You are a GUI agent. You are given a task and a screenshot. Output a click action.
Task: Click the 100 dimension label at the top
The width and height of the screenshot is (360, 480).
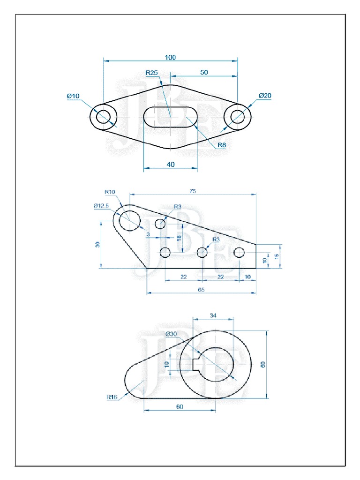point(170,57)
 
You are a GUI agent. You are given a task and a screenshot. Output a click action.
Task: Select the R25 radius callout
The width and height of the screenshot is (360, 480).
point(152,73)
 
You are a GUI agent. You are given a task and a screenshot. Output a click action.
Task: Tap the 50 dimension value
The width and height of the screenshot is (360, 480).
point(204,72)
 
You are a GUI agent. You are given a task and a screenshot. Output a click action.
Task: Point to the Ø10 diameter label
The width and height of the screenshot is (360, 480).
point(74,96)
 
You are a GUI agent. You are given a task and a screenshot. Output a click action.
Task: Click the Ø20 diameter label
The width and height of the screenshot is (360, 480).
point(265,96)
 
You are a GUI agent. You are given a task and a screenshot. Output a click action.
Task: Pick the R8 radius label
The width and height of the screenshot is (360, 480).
point(221,145)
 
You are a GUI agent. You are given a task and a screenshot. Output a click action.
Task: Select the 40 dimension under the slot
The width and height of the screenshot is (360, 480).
point(170,164)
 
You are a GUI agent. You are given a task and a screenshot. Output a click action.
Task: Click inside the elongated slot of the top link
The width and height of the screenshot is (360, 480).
point(170,116)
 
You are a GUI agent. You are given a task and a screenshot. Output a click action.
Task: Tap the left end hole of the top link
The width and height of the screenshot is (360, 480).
point(103,116)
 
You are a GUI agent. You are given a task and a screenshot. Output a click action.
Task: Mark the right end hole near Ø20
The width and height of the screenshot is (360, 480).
point(238,116)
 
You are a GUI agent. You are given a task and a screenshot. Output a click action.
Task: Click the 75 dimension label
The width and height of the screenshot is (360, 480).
point(193,191)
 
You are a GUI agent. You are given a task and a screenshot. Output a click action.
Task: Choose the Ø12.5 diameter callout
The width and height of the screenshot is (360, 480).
point(101,205)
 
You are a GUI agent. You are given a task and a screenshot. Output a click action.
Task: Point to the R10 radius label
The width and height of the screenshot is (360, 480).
point(110,192)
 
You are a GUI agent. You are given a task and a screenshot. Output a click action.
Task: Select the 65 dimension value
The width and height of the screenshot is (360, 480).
point(201,290)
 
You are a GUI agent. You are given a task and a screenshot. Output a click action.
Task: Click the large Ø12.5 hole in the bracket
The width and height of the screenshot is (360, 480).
point(130,220)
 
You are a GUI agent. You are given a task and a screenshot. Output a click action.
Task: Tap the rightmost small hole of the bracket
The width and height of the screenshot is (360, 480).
point(240,253)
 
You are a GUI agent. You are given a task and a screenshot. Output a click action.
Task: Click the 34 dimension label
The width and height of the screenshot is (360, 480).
point(213,315)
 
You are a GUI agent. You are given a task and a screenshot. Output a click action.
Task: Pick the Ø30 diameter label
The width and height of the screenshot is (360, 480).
point(172,334)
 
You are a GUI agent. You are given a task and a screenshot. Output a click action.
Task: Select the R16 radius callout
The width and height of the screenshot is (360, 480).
point(112,397)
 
